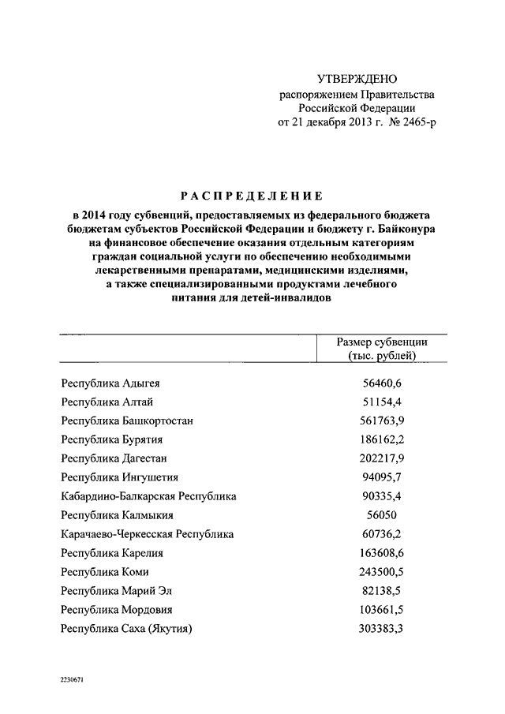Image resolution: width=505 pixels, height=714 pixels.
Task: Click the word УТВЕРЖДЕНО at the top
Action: [x=356, y=79]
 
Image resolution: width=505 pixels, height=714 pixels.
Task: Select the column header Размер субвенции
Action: [x=382, y=342]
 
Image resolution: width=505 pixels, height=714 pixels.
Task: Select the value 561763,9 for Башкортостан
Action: [x=382, y=421]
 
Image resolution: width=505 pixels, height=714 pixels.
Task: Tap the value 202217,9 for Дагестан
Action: [x=382, y=458]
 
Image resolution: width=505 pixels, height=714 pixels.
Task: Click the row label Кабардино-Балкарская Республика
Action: [x=148, y=496]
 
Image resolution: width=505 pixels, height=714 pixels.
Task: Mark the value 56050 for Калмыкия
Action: [x=382, y=514]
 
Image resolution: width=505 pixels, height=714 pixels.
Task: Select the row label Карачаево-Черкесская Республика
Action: [x=147, y=533]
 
